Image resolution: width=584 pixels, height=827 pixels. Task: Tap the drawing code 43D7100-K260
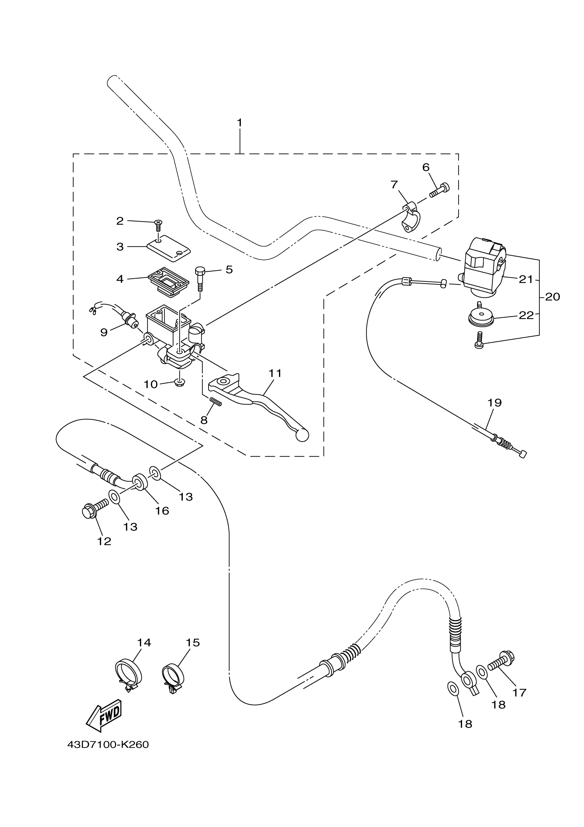tap(108, 745)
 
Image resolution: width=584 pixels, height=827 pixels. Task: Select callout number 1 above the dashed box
tap(240, 123)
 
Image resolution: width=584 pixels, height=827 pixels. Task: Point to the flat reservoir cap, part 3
tap(168, 248)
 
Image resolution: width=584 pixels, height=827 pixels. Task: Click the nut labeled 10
tap(179, 382)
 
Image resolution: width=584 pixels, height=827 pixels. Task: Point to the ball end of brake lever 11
tap(302, 435)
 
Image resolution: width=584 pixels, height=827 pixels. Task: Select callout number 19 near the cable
tap(495, 402)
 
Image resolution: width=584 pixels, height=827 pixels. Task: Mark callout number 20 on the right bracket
tap(553, 297)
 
